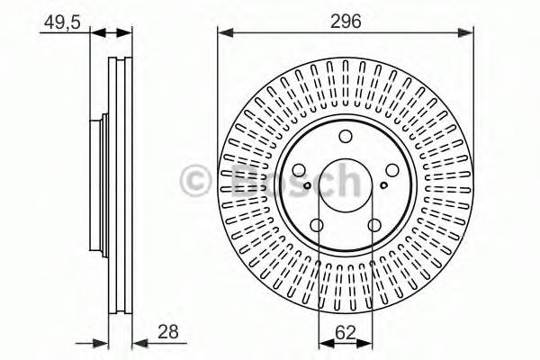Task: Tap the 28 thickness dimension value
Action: click(x=167, y=331)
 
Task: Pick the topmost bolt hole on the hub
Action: click(x=346, y=137)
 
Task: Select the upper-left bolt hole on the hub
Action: click(x=298, y=171)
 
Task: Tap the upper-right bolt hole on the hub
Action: click(x=393, y=171)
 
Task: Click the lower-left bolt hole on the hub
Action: click(x=317, y=226)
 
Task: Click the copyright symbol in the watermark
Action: click(x=195, y=180)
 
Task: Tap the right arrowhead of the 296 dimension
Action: click(x=467, y=34)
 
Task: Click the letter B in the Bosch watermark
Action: click(x=235, y=180)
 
